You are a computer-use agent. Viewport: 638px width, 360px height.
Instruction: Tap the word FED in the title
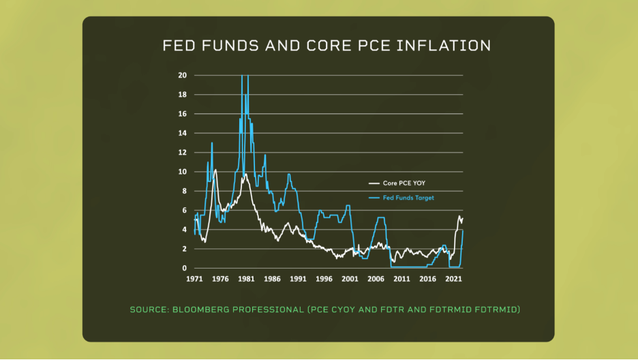click(x=177, y=46)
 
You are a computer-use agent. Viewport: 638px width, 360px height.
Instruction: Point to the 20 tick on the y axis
click(x=182, y=75)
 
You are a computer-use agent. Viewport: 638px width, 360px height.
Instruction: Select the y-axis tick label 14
click(x=182, y=133)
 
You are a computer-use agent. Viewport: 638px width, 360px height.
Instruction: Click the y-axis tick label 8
click(x=183, y=191)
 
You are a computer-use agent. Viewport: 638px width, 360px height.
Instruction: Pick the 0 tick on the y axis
click(x=183, y=268)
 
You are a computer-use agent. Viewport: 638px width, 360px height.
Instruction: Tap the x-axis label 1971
click(x=195, y=279)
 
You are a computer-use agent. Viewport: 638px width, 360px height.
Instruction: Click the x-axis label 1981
click(x=247, y=279)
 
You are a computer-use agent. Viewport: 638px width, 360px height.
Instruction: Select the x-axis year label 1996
click(x=324, y=279)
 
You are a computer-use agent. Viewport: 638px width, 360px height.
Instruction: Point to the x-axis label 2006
click(x=376, y=279)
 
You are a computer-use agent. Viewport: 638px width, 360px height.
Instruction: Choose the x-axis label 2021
click(x=453, y=279)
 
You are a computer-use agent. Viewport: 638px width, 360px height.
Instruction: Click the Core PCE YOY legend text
click(x=405, y=183)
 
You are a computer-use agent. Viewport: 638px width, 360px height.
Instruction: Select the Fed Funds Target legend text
click(x=408, y=198)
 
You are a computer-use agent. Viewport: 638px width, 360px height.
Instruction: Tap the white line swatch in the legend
click(x=374, y=183)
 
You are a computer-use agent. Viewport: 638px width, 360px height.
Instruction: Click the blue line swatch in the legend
click(x=374, y=198)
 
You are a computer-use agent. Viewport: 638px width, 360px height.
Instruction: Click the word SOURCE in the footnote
click(x=149, y=310)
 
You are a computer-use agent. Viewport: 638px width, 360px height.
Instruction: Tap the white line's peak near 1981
click(x=245, y=175)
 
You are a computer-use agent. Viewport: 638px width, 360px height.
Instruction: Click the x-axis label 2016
click(x=427, y=279)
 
